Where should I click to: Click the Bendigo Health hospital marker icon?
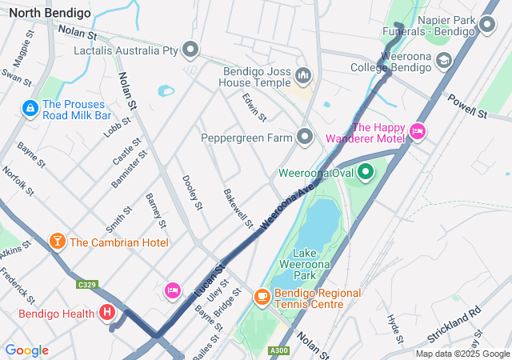(x=107, y=313)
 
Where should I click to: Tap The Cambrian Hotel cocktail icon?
(x=58, y=242)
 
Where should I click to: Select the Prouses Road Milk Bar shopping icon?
(x=30, y=107)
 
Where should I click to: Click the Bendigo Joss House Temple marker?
(x=302, y=76)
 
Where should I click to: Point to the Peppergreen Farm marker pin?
(x=304, y=138)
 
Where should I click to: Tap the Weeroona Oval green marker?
(x=366, y=172)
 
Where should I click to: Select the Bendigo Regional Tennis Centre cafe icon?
(x=262, y=297)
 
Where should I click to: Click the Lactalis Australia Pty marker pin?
(x=190, y=50)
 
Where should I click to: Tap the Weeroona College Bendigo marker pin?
(x=442, y=60)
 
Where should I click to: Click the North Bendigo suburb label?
(x=45, y=13)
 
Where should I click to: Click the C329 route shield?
(x=87, y=284)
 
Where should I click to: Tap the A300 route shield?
(x=279, y=350)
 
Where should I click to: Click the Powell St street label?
(x=469, y=108)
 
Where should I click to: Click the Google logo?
(x=26, y=350)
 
